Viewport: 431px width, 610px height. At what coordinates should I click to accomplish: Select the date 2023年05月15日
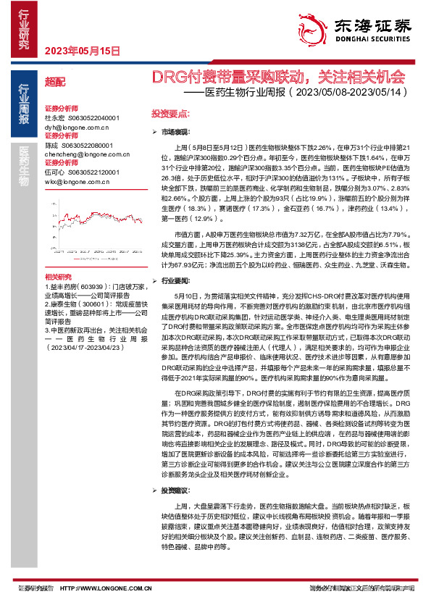81,51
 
